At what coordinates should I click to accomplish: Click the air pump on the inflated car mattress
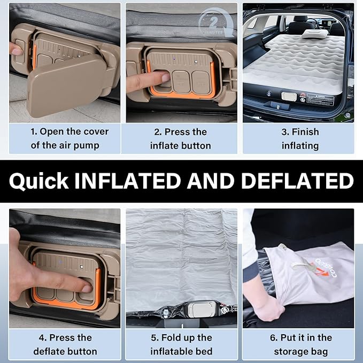289,96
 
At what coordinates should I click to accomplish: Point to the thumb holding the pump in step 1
17,50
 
